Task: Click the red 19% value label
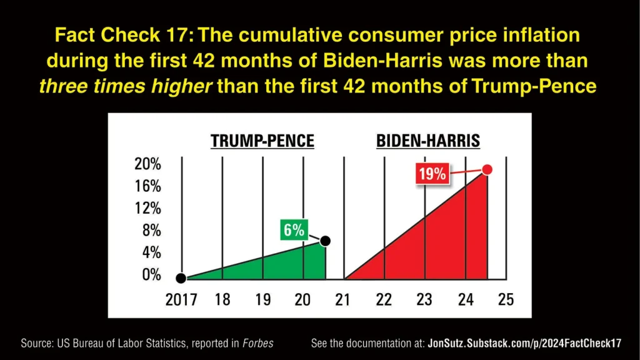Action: [x=432, y=172]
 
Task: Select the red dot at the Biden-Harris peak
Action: [x=487, y=169]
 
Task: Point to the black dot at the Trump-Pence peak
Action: [x=325, y=241]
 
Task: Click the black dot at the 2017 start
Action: [x=181, y=278]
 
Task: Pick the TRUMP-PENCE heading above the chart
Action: [x=262, y=141]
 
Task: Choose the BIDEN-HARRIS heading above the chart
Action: [x=428, y=141]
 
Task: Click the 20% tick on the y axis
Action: [x=147, y=165]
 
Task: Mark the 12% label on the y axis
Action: [x=147, y=208]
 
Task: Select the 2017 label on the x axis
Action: [x=181, y=299]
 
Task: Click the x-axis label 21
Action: [x=342, y=299]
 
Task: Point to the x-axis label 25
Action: [x=506, y=299]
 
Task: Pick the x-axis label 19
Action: [x=262, y=299]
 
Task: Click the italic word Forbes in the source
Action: [x=257, y=343]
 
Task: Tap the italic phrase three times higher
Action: [x=125, y=86]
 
